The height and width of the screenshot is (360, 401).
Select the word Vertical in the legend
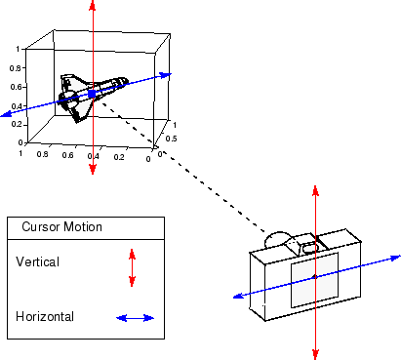[x=38, y=261]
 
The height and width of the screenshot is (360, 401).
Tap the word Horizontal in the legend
[x=45, y=316]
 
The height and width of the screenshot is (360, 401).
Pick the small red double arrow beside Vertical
[x=133, y=267]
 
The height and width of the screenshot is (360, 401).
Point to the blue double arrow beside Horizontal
[x=136, y=318]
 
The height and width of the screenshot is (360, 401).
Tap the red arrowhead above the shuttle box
[x=92, y=6]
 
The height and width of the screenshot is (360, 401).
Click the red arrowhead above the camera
[x=313, y=188]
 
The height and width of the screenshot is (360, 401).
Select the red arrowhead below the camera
[x=313, y=352]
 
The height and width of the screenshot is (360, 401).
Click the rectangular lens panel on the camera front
[x=313, y=280]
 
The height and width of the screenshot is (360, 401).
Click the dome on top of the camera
[x=280, y=239]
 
